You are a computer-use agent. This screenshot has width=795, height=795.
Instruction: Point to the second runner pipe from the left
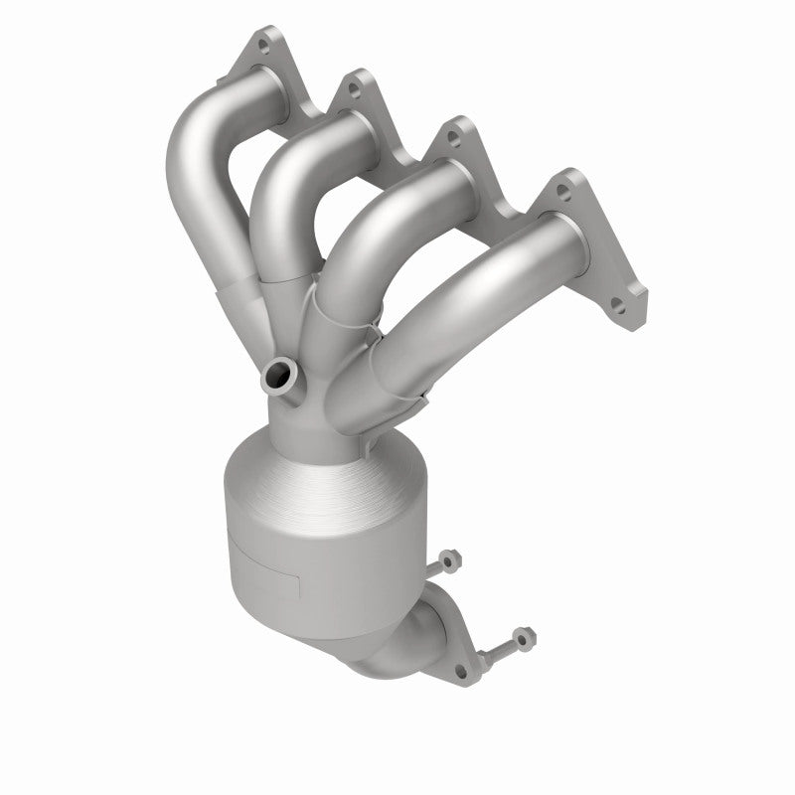(283, 189)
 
